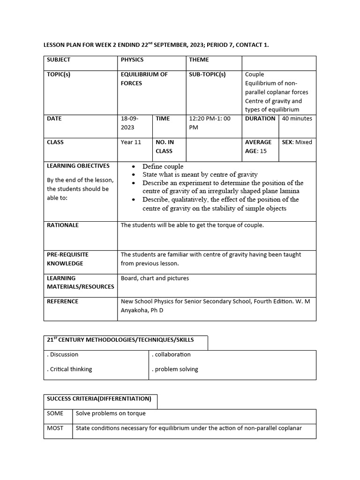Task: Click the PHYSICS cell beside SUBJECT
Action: click(x=132, y=60)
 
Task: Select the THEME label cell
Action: click(x=199, y=60)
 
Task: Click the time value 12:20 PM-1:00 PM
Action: click(x=210, y=123)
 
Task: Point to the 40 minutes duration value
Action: click(x=297, y=119)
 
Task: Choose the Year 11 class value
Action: click(x=131, y=142)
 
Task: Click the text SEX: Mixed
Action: click(x=297, y=142)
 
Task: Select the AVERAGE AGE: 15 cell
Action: click(x=258, y=146)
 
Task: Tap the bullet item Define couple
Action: click(x=163, y=166)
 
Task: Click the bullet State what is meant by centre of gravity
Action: click(x=200, y=174)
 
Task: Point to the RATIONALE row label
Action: click(x=63, y=225)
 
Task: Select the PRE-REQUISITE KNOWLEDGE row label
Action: click(x=67, y=259)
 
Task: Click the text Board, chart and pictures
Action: click(x=155, y=278)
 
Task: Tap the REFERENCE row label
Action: click(x=62, y=301)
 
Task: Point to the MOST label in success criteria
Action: click(x=55, y=428)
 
